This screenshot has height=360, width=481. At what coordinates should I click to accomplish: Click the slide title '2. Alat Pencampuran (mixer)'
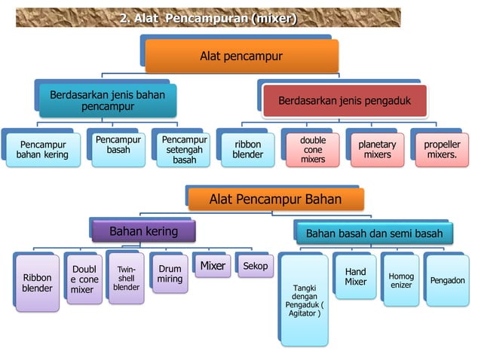pos(208,18)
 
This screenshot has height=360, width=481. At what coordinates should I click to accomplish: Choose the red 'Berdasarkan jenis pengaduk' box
pos(345,101)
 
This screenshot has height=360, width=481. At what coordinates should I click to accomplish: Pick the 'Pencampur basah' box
pos(118,145)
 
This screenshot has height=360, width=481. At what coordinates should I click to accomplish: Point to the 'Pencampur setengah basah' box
pos(184,150)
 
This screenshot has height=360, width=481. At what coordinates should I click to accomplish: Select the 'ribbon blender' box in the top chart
pos(247,149)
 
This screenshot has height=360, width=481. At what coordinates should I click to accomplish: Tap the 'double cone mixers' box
pos(313,149)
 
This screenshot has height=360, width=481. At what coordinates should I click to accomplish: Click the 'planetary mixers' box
pos(377,149)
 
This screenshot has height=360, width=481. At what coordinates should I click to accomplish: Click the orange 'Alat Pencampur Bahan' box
pos(275,200)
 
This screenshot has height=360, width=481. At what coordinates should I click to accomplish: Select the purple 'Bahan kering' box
pos(144,231)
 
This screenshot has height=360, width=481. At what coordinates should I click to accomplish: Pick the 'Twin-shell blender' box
pos(127,277)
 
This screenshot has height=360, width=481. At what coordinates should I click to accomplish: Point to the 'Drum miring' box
pos(170,274)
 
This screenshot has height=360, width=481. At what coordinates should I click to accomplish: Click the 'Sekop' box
pos(256,266)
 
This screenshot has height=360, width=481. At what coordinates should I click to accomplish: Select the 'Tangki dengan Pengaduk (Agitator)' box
pos(305,299)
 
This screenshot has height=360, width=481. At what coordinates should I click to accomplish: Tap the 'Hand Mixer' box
pos(356,276)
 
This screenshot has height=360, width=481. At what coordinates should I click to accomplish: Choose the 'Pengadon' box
pos(447,280)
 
